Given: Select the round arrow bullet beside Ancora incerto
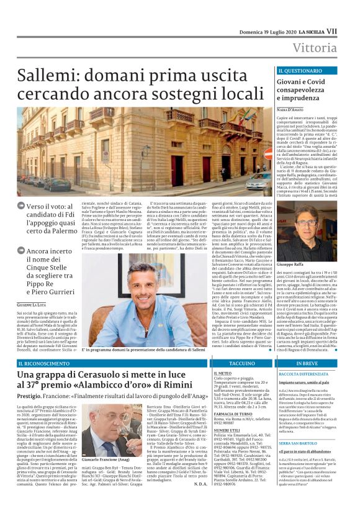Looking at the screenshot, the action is point(22,251).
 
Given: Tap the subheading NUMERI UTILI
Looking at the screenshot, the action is point(228,429).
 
